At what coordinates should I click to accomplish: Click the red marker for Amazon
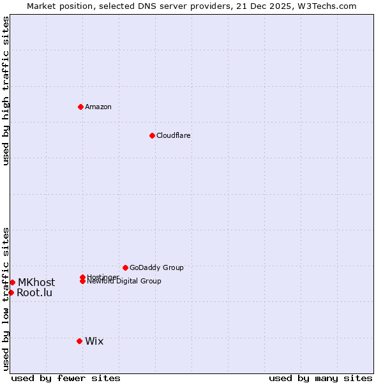tap(81, 107)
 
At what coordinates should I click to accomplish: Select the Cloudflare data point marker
tap(152, 135)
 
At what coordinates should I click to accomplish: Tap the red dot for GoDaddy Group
tap(125, 267)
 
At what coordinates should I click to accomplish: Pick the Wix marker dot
tap(79, 341)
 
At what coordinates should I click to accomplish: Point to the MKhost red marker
tap(12, 282)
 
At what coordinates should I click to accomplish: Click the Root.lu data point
tap(11, 292)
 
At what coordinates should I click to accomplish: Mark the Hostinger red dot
tap(83, 277)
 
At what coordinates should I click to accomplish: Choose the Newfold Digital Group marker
tap(83, 281)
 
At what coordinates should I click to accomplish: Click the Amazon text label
tap(98, 107)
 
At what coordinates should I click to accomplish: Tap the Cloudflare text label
tap(174, 135)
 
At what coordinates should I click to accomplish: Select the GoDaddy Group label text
tap(156, 267)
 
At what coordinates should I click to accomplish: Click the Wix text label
tap(94, 341)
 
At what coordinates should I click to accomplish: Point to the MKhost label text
tap(36, 282)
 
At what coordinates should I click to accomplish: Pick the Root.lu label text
tap(34, 292)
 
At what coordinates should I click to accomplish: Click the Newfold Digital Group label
tap(124, 282)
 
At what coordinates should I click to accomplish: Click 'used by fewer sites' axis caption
tap(66, 378)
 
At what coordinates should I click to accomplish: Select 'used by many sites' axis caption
tap(320, 378)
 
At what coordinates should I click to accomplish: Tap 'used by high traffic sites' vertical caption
tap(6, 91)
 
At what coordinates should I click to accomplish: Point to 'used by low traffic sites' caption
tap(6, 298)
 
